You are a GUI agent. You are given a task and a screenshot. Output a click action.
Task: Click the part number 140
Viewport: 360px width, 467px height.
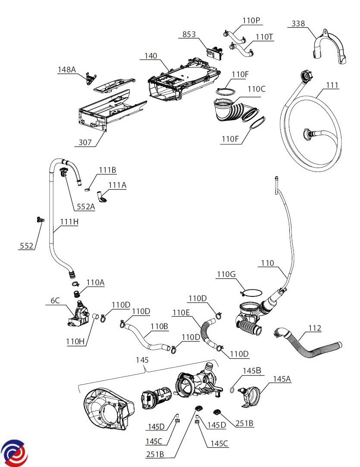[151, 56]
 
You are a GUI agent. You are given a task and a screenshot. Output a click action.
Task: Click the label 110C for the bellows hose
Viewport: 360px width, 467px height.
[256, 89]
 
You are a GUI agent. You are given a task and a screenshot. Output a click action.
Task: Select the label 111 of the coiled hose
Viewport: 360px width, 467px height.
[332, 85]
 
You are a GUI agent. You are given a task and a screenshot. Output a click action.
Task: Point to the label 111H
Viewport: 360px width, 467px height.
[69, 222]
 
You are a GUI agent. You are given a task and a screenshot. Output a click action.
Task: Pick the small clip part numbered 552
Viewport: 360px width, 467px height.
[40, 220]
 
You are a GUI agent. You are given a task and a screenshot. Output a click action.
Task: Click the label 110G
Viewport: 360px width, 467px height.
[226, 274]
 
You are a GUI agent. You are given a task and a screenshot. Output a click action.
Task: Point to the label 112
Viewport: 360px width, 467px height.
[315, 329]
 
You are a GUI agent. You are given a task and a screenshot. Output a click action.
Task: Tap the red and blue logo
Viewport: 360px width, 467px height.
[14, 453]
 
